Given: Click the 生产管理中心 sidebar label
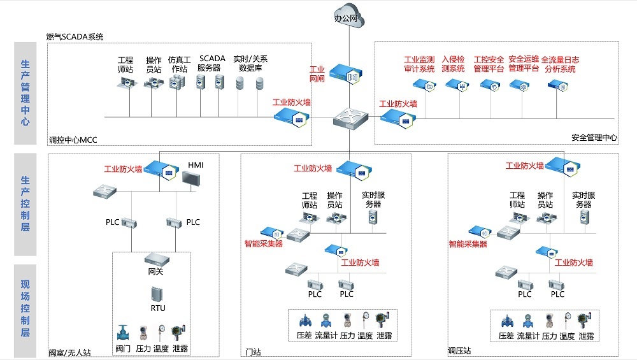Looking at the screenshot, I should [25, 93].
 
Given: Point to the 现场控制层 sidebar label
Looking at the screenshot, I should [25, 306].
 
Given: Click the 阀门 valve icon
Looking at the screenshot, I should [123, 333].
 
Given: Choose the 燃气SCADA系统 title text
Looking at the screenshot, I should [75, 36].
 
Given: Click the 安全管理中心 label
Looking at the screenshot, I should [594, 137].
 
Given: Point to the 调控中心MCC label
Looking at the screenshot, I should [72, 140].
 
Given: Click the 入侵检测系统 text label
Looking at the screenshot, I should [453, 64].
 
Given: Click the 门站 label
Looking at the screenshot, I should [253, 352].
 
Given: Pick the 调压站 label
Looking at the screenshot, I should [459, 351].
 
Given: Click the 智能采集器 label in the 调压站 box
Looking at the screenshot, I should [468, 244].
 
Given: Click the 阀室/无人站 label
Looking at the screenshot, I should [69, 352].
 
